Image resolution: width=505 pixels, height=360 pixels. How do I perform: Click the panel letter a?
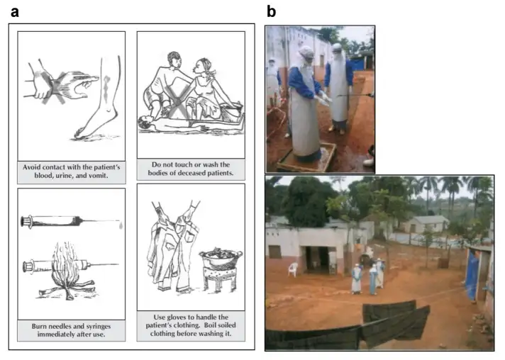tap(15, 12)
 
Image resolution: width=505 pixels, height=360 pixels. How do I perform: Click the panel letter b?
tap(271, 11)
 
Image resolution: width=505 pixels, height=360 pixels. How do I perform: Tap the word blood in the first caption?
tap(43, 176)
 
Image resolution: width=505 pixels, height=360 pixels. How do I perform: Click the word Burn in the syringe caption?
tap(38, 326)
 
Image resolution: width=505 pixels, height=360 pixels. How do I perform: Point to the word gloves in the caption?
tap(177, 317)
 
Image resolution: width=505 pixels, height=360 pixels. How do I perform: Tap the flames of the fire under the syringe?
tap(66, 266)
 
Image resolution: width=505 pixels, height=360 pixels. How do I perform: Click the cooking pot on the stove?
tap(221, 257)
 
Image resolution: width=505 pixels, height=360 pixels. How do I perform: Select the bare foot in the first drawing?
tap(97, 125)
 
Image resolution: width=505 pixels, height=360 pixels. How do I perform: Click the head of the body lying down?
tap(144, 122)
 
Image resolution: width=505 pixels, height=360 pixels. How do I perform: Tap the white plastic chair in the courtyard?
tap(293, 269)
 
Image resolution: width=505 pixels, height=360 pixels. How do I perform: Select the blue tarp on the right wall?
tap(471, 274)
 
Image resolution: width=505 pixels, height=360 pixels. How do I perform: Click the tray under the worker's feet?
tap(306, 158)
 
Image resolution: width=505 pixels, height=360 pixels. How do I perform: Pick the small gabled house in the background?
tap(426, 224)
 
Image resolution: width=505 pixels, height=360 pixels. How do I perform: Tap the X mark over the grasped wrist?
tap(54, 87)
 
